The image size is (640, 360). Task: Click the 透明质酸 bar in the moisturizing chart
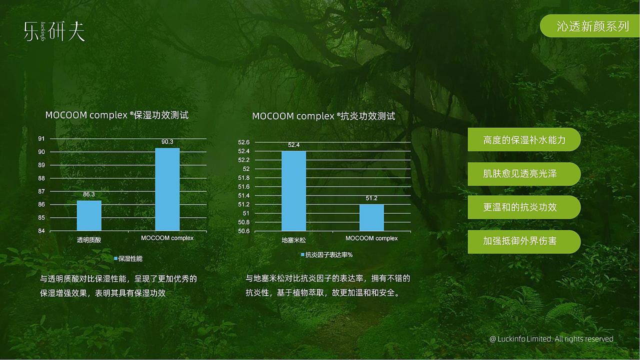coord(89,215)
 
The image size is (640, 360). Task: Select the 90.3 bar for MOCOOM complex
coord(167,189)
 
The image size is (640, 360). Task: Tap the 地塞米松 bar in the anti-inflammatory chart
coord(293,191)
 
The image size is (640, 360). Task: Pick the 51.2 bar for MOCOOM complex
coord(371,217)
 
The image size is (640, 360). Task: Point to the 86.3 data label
coord(89,194)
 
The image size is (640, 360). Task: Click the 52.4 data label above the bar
coord(293,145)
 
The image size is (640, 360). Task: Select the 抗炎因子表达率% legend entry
coord(326,255)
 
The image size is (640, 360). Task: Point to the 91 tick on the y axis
coord(41,138)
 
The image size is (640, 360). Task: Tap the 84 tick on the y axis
coord(41,231)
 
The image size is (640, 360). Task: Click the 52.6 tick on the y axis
coord(244,142)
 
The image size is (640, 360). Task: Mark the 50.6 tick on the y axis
coord(244,231)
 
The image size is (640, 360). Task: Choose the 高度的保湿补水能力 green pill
coord(524,140)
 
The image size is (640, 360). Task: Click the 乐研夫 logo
coord(54,31)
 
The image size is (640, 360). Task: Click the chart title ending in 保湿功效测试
coord(117,115)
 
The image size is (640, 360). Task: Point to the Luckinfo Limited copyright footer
coord(551,339)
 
